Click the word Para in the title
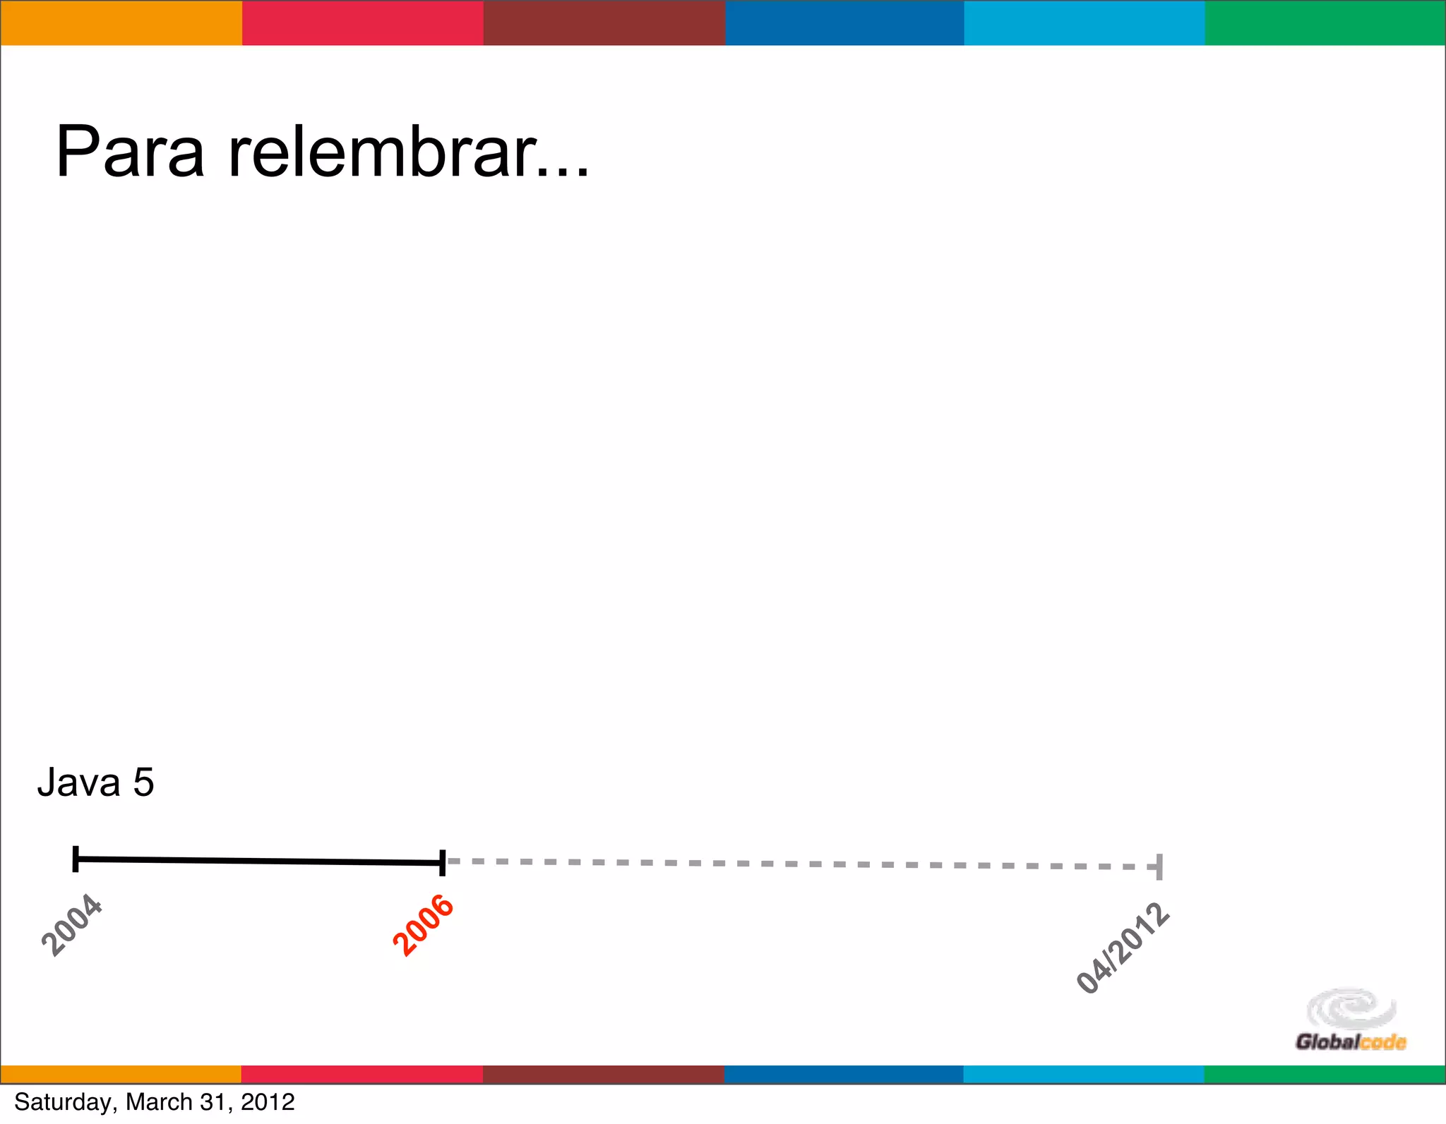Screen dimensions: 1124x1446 click(x=130, y=152)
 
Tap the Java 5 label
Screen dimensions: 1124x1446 click(x=95, y=782)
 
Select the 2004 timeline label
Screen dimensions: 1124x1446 click(x=72, y=925)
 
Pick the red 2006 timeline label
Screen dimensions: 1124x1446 click(x=423, y=925)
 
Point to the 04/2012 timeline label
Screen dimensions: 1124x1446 click(x=1123, y=948)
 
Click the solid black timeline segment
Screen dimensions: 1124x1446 click(x=258, y=860)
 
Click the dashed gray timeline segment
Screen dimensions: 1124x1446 click(x=798, y=864)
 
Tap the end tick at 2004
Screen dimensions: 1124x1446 click(x=76, y=859)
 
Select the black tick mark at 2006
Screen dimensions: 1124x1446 click(x=442, y=862)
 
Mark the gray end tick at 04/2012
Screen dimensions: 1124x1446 click(x=1159, y=866)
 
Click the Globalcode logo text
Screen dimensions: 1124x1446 click(x=1350, y=1042)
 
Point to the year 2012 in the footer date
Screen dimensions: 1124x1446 click(x=268, y=1102)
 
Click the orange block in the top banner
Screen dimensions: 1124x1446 click(x=121, y=23)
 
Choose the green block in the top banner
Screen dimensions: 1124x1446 click(x=1325, y=23)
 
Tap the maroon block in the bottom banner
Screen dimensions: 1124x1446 click(x=603, y=1074)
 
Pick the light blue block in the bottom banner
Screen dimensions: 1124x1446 click(x=1083, y=1074)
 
